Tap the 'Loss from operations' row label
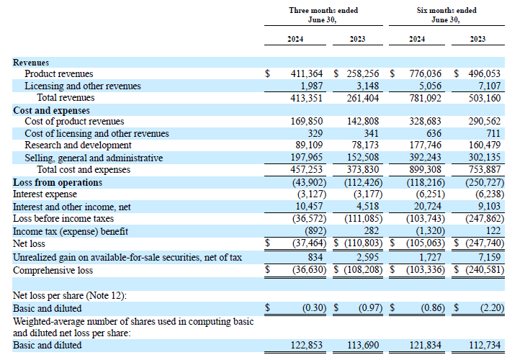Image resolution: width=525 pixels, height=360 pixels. coord(58,182)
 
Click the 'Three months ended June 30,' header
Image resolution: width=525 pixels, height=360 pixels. coord(323,15)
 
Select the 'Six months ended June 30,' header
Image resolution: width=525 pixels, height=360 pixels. coord(447,15)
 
